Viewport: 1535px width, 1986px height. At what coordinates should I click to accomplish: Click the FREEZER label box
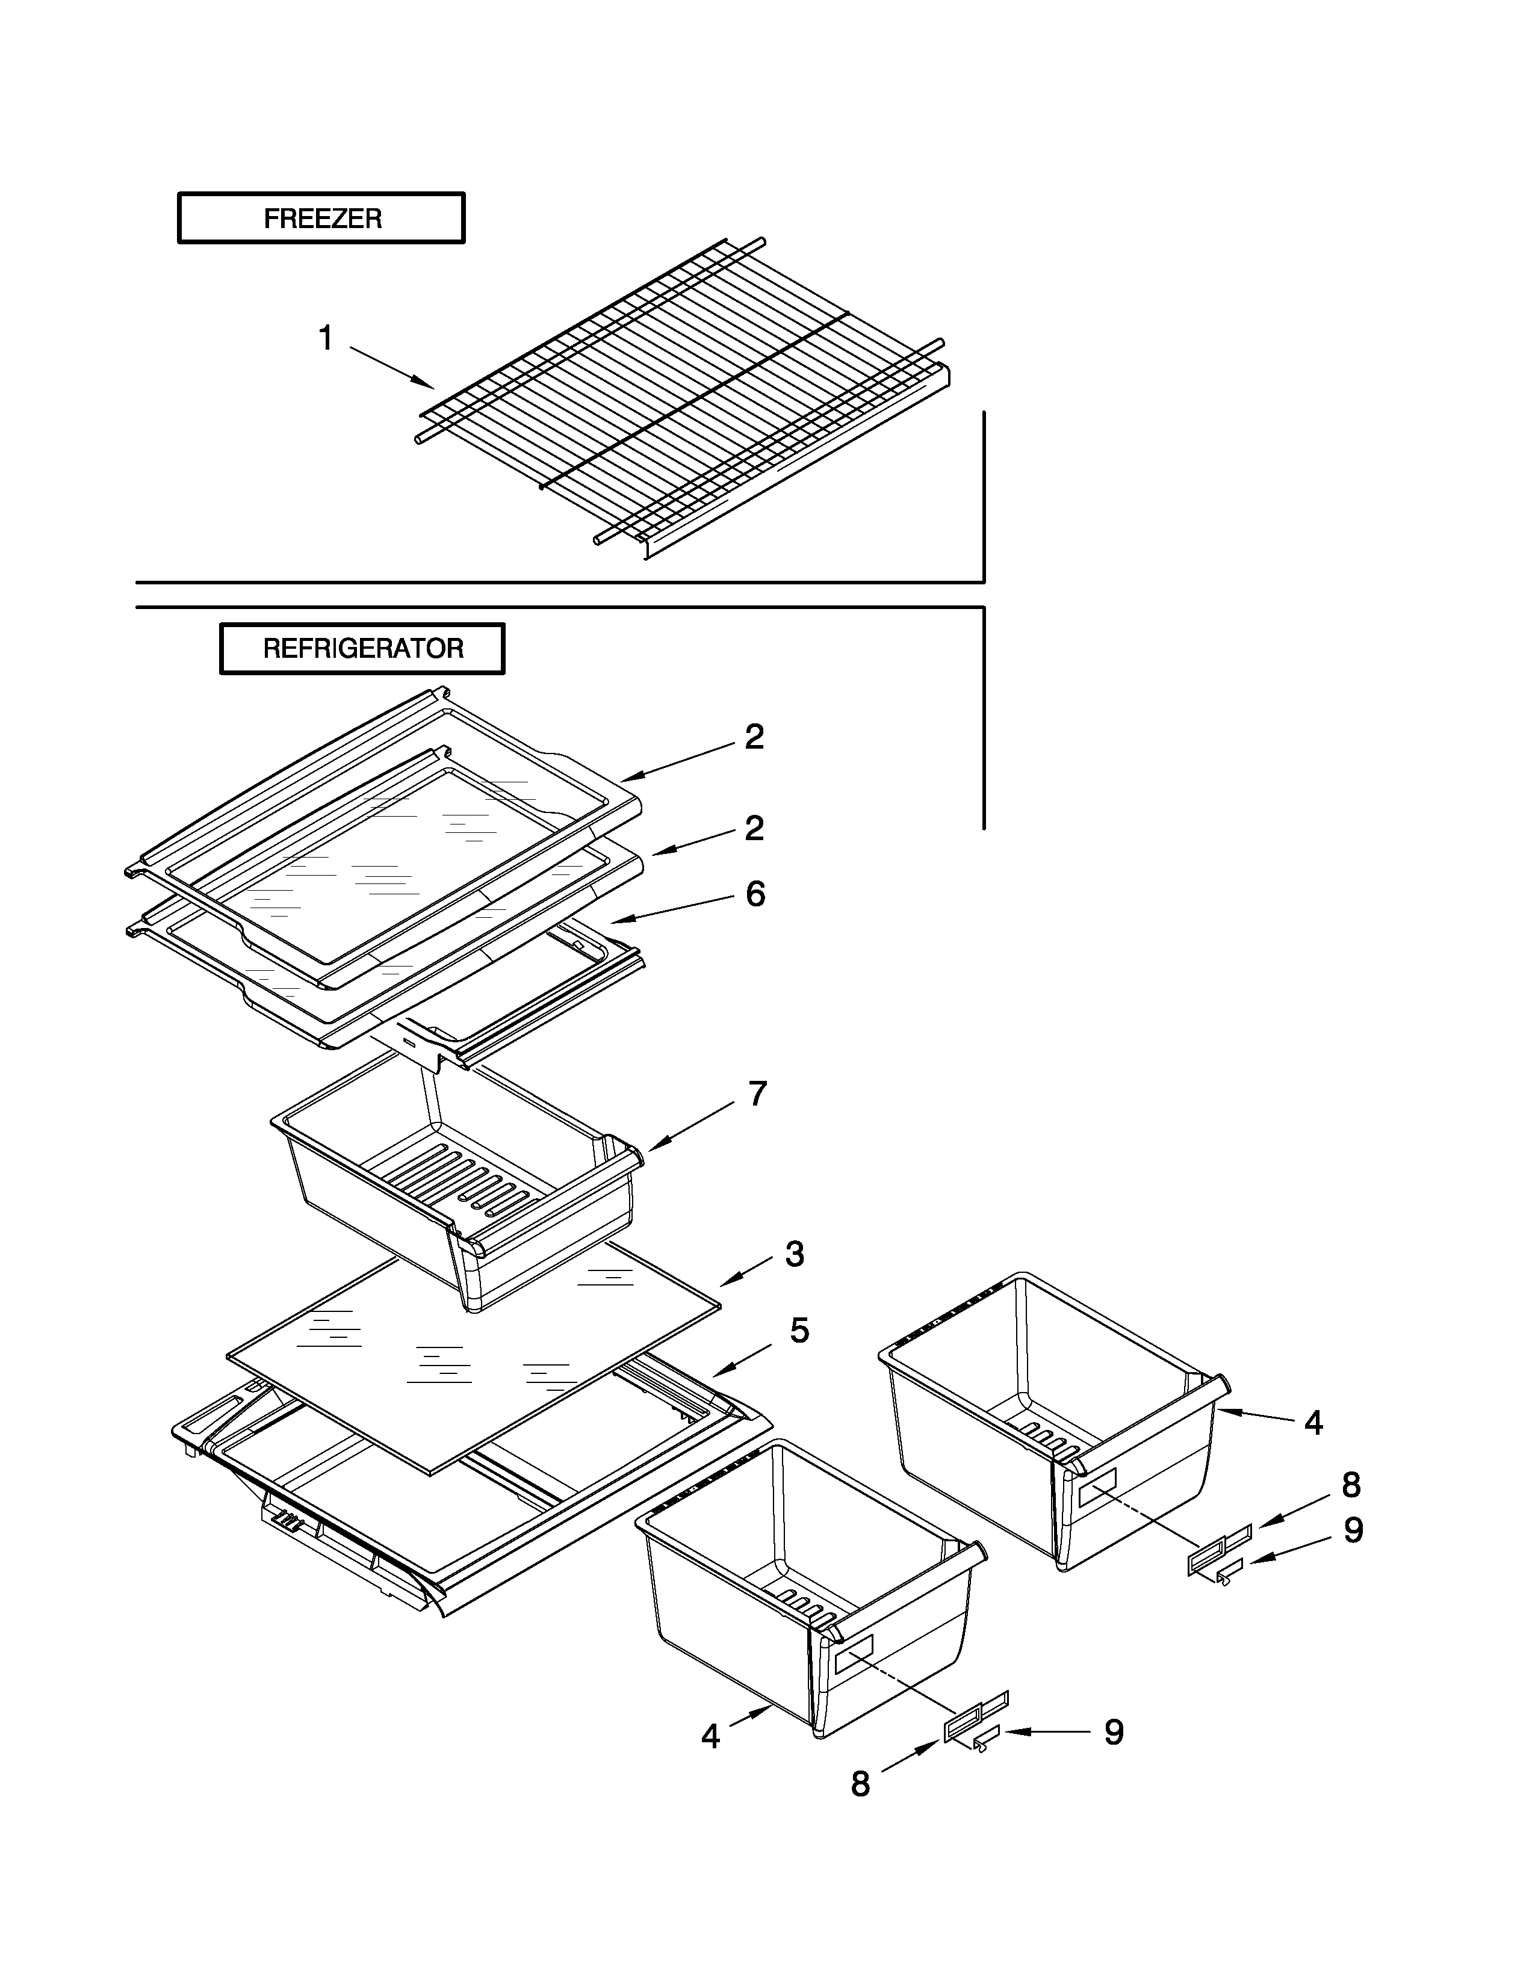coord(321,218)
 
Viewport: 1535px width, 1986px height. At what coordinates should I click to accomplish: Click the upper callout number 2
coord(754,737)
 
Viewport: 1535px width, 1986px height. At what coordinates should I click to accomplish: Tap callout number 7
coord(757,1094)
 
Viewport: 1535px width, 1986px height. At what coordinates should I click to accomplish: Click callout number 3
coord(794,1254)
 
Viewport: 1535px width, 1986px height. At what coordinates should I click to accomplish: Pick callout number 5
coord(798,1331)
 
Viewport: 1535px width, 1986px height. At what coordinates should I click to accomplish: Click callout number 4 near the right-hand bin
coord(1313,1423)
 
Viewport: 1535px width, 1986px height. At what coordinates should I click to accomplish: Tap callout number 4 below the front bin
coord(710,1737)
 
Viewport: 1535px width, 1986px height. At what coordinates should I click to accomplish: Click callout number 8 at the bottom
coord(860,1784)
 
